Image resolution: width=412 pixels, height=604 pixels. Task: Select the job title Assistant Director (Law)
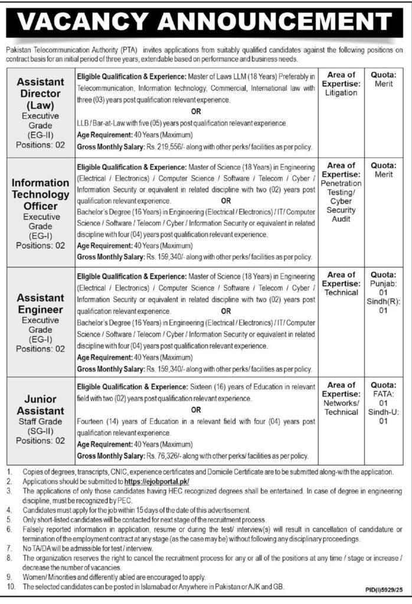(x=40, y=93)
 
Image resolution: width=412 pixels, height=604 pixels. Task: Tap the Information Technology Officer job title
(x=40, y=195)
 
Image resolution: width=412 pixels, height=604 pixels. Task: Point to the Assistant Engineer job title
(x=40, y=304)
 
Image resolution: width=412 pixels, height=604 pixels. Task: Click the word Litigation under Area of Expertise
(x=341, y=93)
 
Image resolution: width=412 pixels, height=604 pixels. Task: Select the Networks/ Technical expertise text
(x=341, y=408)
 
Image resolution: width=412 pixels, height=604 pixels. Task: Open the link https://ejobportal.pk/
(x=156, y=481)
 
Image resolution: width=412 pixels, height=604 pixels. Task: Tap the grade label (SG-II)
(x=40, y=431)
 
